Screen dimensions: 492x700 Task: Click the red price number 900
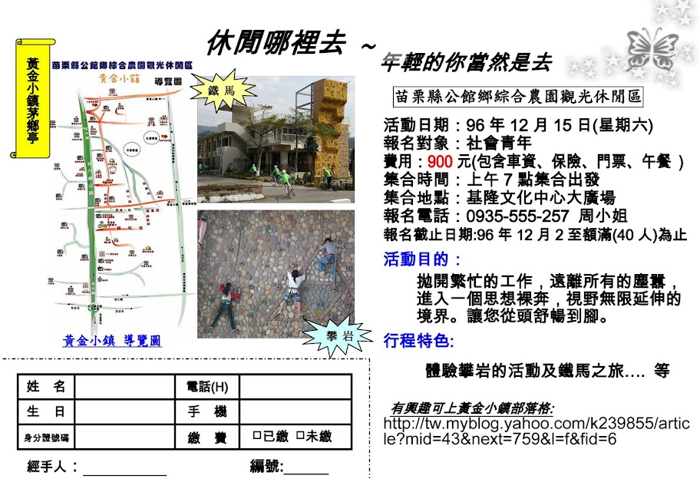(x=440, y=161)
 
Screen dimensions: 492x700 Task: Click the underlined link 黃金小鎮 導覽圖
(x=112, y=341)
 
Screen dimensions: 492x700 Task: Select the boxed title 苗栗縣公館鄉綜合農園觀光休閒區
(x=517, y=97)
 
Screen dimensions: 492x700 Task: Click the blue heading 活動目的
(x=422, y=259)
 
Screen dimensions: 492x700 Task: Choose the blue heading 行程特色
(x=418, y=340)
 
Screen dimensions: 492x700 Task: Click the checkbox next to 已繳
(x=257, y=437)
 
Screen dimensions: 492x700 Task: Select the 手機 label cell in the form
(x=206, y=412)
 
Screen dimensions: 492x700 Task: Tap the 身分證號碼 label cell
(x=45, y=438)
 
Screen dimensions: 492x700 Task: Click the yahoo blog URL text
(x=535, y=431)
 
